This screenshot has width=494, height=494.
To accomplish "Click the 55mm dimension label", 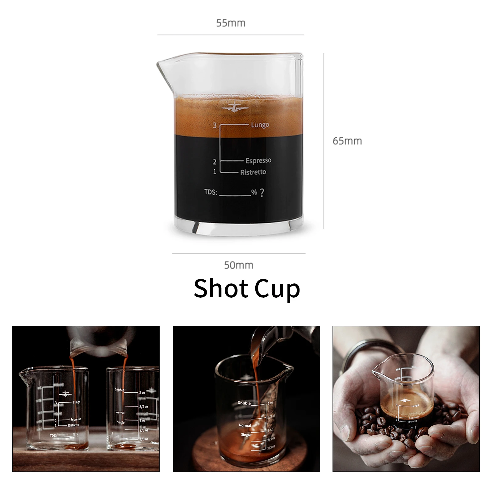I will (231, 23).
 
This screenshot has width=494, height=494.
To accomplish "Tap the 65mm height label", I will (347, 141).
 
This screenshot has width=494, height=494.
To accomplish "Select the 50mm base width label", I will (238, 265).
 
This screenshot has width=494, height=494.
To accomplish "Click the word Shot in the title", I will (220, 288).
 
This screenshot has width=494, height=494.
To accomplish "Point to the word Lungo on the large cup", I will (260, 125).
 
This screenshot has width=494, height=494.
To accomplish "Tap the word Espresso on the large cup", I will (258, 161).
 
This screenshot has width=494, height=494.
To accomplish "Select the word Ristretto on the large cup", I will (253, 172).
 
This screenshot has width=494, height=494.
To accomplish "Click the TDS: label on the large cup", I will (211, 192).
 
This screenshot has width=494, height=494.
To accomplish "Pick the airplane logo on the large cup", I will (235, 107).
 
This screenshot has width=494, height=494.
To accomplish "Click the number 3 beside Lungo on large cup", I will (215, 125).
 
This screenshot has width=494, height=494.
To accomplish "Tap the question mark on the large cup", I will (262, 193).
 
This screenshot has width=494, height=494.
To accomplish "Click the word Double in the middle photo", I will (244, 403).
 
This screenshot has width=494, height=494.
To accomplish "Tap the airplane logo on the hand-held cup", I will (404, 400).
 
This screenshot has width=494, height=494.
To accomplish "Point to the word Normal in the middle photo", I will (245, 425).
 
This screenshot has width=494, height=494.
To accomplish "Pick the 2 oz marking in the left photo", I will (142, 393).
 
